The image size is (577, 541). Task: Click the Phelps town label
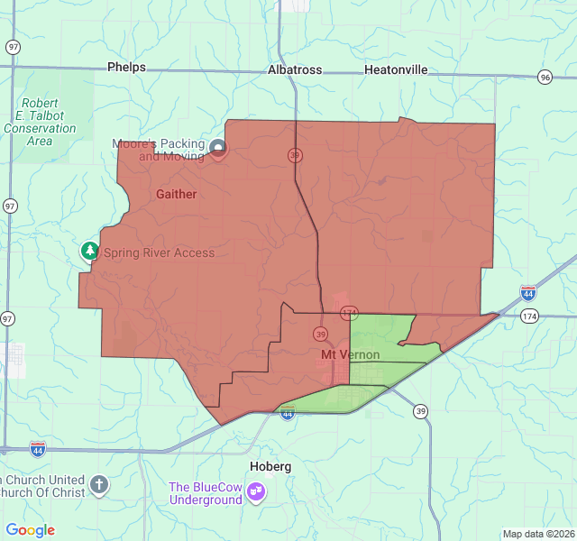tap(126, 67)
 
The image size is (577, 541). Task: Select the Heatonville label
tap(396, 69)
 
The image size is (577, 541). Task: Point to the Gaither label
tap(176, 194)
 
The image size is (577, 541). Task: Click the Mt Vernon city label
tap(351, 355)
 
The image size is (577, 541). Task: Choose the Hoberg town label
tap(270, 466)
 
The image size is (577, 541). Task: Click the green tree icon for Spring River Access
tap(89, 251)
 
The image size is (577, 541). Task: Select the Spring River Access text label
tap(159, 252)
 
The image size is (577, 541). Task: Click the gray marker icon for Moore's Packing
tap(218, 148)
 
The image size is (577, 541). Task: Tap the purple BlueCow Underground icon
tap(257, 491)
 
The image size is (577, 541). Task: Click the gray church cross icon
tap(99, 486)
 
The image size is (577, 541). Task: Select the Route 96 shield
tap(545, 78)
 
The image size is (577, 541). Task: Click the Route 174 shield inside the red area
tap(349, 312)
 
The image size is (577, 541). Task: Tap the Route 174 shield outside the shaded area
tap(529, 316)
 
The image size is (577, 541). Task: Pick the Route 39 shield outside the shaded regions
tap(420, 411)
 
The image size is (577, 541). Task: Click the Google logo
tap(30, 530)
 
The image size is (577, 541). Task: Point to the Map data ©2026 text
tap(537, 534)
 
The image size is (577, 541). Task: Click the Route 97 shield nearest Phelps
tap(12, 47)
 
